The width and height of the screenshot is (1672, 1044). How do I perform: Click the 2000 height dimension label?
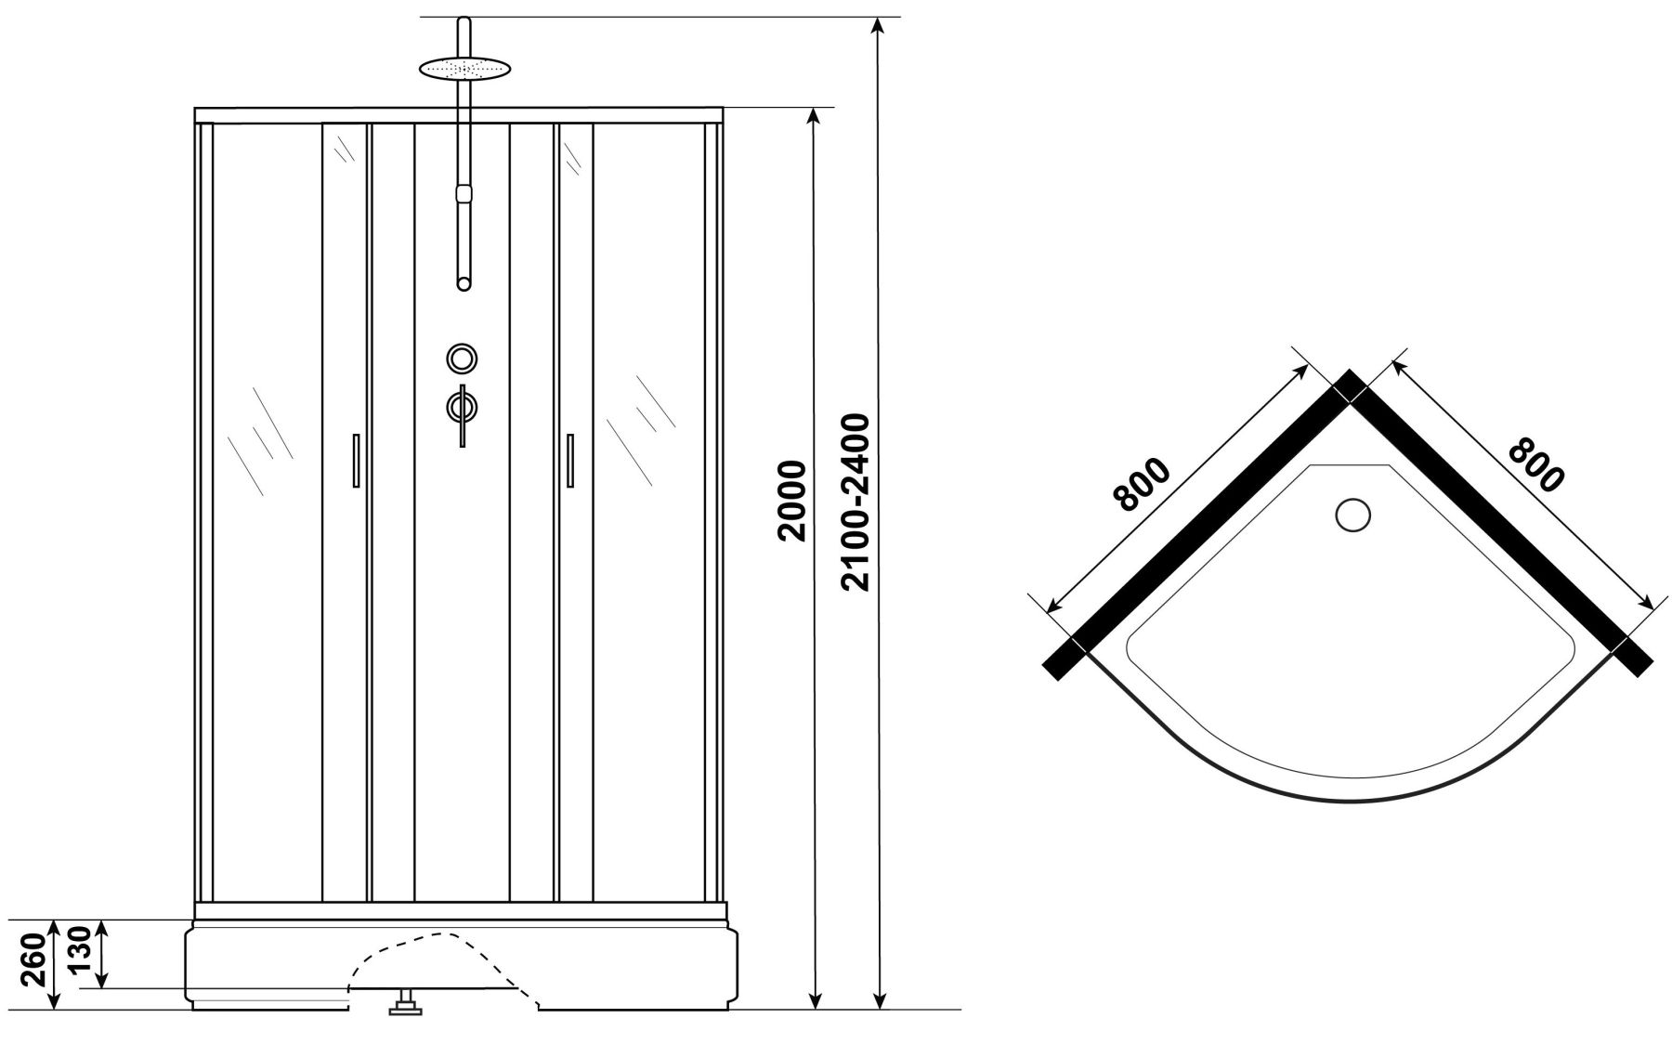pyautogui.click(x=791, y=501)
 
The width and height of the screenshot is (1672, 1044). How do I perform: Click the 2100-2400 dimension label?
pyautogui.click(x=854, y=502)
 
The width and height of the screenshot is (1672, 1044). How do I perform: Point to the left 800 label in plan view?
pyautogui.click(x=1143, y=484)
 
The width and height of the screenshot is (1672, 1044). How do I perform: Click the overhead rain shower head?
pyautogui.click(x=465, y=69)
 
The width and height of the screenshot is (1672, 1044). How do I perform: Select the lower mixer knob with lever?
pyautogui.click(x=462, y=411)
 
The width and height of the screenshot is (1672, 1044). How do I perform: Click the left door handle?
pyautogui.click(x=354, y=460)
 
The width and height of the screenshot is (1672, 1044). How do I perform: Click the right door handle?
pyautogui.click(x=568, y=460)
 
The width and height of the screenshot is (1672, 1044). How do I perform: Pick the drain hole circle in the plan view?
pyautogui.click(x=1352, y=514)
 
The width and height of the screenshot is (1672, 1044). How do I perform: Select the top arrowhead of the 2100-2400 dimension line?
pyautogui.click(x=877, y=28)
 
